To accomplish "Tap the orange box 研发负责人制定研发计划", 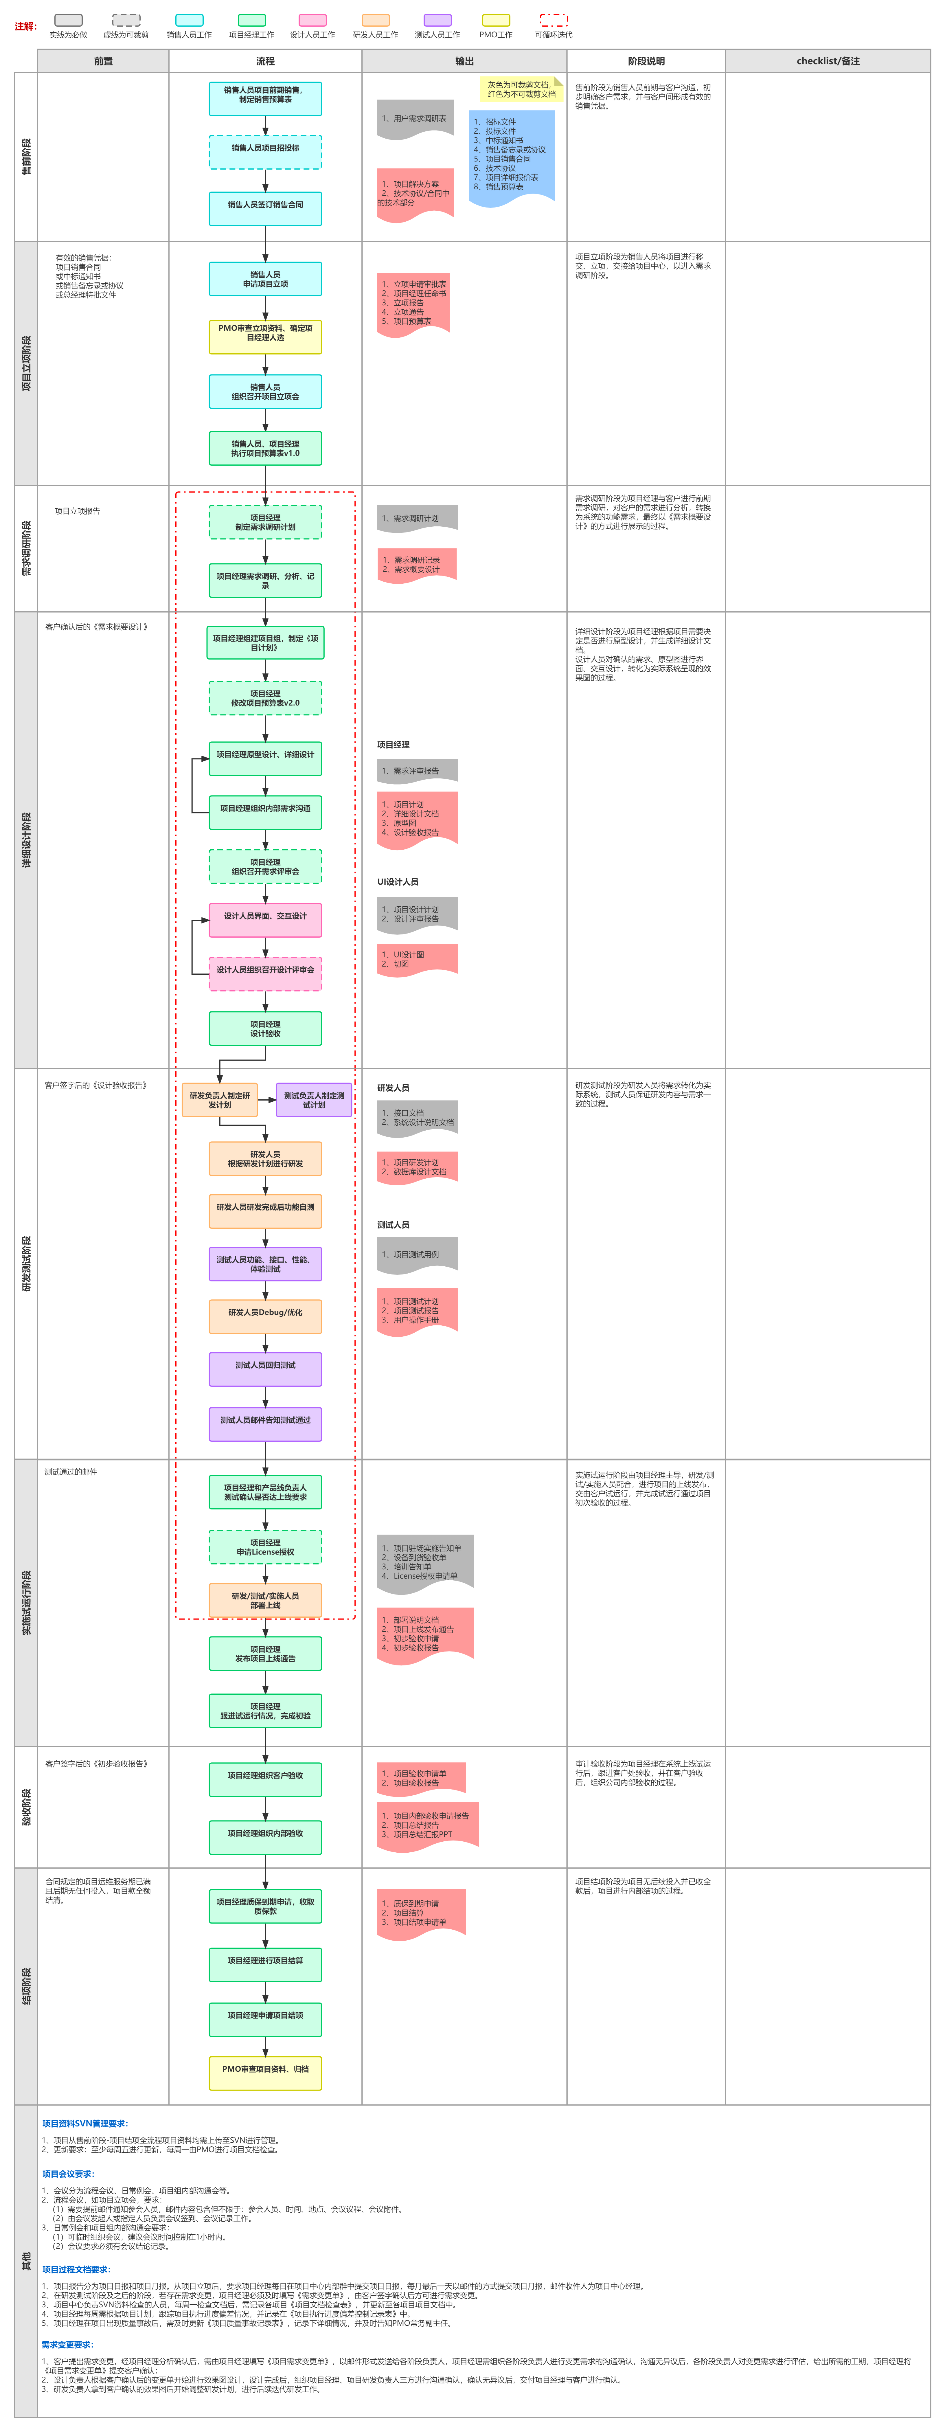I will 219,1100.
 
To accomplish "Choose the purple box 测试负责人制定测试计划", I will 313,1100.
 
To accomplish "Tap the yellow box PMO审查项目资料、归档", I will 265,2072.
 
